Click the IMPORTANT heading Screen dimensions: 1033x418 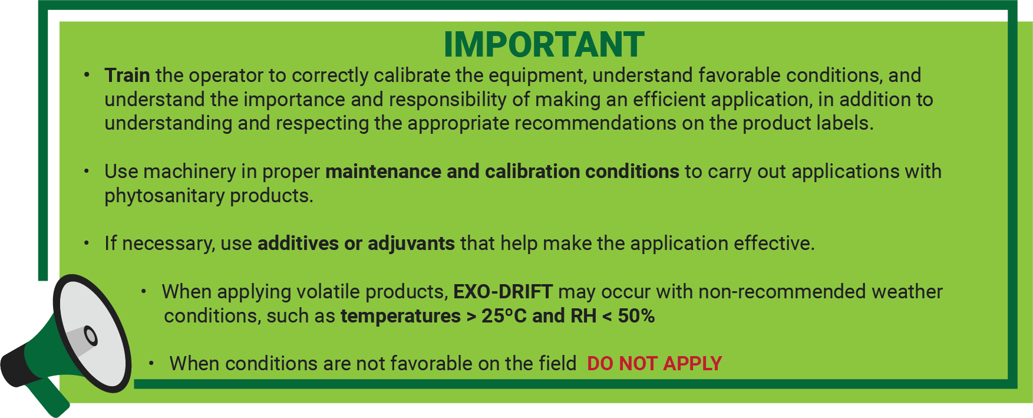tap(544, 45)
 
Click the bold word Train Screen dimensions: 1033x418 tap(127, 75)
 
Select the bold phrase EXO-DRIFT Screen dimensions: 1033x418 tap(503, 291)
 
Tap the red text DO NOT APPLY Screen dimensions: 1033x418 tap(654, 363)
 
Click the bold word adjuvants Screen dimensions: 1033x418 tap(411, 243)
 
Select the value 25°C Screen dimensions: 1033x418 tap(504, 315)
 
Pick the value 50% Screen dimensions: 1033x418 tap(636, 315)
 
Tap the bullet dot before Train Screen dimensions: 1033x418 tap(87, 75)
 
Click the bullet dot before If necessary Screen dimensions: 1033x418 tap(87, 243)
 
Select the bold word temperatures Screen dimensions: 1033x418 tap(401, 316)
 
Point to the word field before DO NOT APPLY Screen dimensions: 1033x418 tap(558, 363)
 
